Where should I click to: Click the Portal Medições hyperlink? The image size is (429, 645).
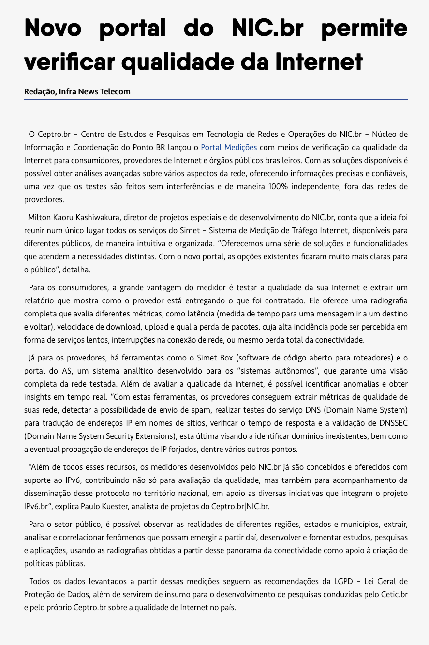pyautogui.click(x=229, y=147)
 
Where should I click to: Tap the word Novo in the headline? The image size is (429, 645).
pyautogui.click(x=53, y=29)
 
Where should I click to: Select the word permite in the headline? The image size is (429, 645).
pyautogui.click(x=364, y=29)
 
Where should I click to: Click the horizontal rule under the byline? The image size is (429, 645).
pyautogui.click(x=216, y=99)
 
